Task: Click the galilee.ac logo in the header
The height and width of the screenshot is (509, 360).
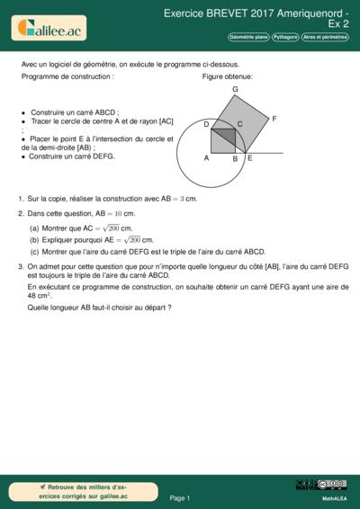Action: [x=49, y=28]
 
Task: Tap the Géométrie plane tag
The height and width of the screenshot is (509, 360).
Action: [x=248, y=38]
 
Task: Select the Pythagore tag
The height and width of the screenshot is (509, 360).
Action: [x=285, y=38]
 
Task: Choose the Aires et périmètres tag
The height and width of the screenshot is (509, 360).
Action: [x=325, y=38]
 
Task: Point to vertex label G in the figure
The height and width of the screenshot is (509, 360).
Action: [x=235, y=89]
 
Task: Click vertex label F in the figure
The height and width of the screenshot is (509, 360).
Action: [x=274, y=119]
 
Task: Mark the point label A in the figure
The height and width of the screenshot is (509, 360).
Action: [x=206, y=158]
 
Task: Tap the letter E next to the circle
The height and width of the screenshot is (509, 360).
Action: [x=250, y=158]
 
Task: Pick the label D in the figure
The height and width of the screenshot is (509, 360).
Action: [x=206, y=124]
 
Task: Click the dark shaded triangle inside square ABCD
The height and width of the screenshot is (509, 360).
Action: [x=227, y=134]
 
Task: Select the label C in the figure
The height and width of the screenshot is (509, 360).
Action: [x=239, y=124]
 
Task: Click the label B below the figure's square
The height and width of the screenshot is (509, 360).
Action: [x=235, y=159]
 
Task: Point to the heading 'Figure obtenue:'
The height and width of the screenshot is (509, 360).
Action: [x=228, y=76]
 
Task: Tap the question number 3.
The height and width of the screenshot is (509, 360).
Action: [x=21, y=266]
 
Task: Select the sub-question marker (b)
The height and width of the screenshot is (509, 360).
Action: [x=34, y=240]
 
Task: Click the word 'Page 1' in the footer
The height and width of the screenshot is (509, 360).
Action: [x=180, y=498]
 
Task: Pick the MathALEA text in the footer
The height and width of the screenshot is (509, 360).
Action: [x=335, y=498]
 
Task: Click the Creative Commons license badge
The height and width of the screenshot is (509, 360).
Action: [x=332, y=485]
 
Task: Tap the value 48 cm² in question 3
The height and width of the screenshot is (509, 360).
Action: [x=40, y=296]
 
